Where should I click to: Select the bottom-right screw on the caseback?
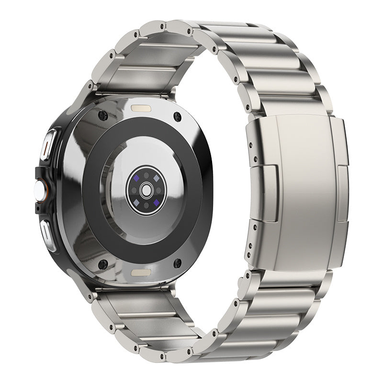pyautogui.click(x=177, y=263)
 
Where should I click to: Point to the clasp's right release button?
pyautogui.click(x=343, y=194)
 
